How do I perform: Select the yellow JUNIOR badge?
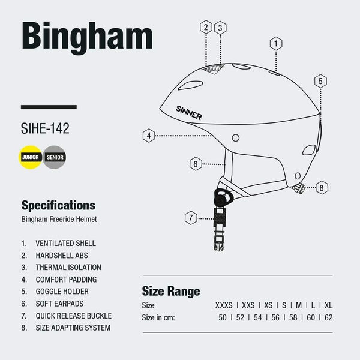coord(31,157)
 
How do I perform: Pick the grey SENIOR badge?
coord(55,157)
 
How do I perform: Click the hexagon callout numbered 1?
coord(275,43)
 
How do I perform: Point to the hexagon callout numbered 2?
coord(206,27)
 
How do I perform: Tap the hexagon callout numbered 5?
coord(321,81)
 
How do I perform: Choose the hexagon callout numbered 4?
coord(149,136)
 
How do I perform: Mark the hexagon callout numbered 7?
coord(191,218)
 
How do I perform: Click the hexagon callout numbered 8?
coord(322,188)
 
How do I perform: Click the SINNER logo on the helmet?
coord(188,112)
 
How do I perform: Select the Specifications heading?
coord(58,205)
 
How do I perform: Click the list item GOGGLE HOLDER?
coord(66,292)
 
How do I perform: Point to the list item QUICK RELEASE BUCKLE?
coord(74,316)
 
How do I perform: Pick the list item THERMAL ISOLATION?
coord(68,268)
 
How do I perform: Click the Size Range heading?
coord(170,292)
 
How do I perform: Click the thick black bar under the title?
coord(49,107)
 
